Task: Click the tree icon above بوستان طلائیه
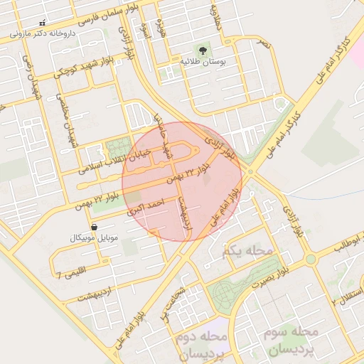[x=203, y=50]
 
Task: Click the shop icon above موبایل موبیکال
[x=95, y=227]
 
